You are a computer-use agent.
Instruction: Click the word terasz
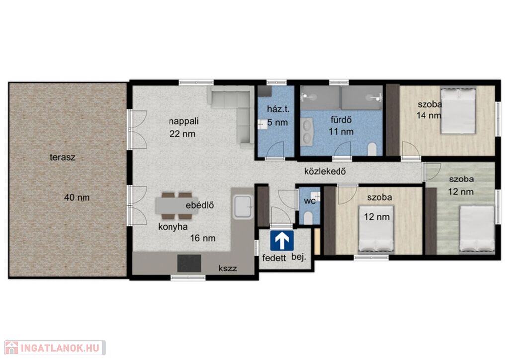tap(62, 157)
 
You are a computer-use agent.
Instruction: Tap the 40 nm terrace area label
tap(77, 197)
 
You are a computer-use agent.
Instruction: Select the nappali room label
tap(184, 121)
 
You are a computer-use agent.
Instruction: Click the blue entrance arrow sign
tap(282, 240)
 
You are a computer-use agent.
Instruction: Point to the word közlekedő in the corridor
tap(325, 171)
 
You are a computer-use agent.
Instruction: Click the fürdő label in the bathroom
tap(341, 120)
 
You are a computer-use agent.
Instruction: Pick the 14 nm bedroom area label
tap(429, 115)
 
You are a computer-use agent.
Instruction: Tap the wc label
tap(309, 201)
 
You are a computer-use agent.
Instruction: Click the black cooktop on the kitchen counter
tap(189, 263)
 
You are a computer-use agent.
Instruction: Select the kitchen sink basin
tap(242, 206)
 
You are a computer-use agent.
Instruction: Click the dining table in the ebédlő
tap(177, 206)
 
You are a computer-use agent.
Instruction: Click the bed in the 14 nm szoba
tap(458, 111)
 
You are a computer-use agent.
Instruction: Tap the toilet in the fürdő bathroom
tap(372, 149)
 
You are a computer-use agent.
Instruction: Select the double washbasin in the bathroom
tap(307, 131)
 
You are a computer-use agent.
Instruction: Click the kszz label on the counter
tap(228, 269)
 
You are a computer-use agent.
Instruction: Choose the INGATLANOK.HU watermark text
tap(60, 348)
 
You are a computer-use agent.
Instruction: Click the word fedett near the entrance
tap(274, 258)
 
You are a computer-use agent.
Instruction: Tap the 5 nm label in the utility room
tap(278, 123)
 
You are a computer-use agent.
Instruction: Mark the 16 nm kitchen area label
tap(203, 238)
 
